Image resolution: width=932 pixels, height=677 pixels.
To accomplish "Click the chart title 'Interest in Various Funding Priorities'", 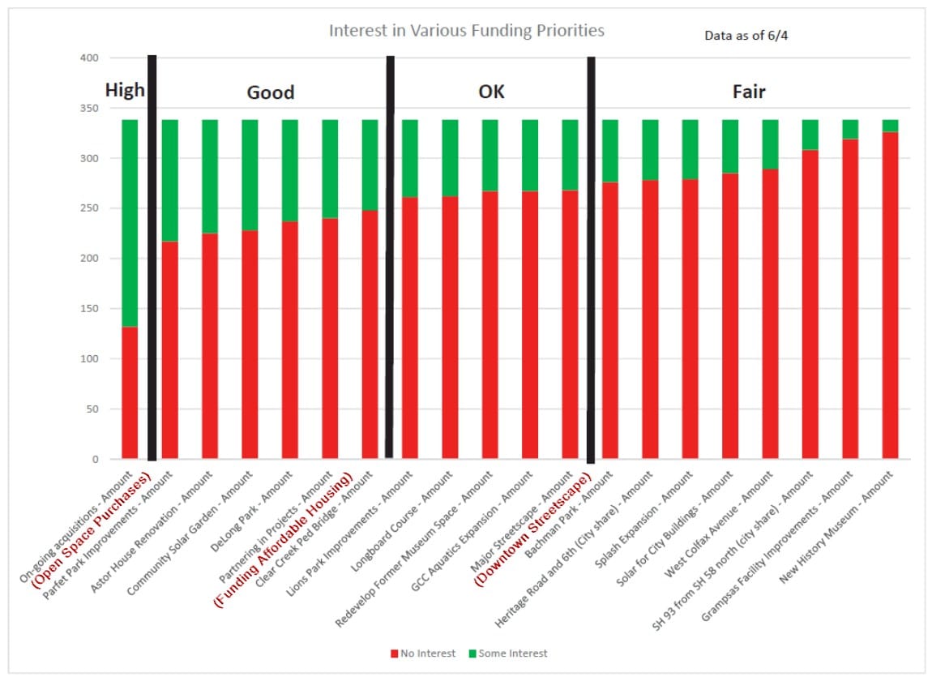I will coord(466,31).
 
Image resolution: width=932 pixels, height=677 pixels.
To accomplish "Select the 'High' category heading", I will coord(125,90).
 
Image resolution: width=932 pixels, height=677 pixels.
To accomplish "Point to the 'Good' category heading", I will coord(270,93).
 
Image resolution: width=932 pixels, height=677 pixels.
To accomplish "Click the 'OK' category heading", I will coord(491,92).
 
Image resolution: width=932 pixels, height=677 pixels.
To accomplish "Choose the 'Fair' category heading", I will coord(749,92).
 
